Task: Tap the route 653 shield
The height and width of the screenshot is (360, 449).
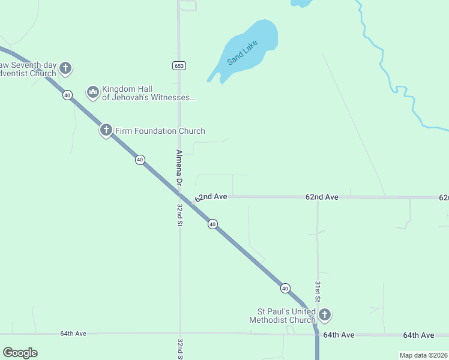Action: [x=178, y=65]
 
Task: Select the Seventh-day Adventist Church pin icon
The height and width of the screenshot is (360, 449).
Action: [x=65, y=68]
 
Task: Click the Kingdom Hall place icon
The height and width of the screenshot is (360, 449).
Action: [x=92, y=92]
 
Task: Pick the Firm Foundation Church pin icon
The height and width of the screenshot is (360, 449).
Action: [x=106, y=130]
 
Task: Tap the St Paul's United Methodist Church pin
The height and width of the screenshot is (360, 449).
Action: [x=324, y=314]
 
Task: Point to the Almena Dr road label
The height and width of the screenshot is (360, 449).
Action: [x=179, y=166]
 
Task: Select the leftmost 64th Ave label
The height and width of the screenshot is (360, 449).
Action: [x=73, y=334]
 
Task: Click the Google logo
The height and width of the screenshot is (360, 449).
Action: [x=20, y=353]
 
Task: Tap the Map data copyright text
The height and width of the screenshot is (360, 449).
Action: [x=424, y=355]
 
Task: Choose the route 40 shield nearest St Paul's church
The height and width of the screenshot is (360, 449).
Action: [x=285, y=288]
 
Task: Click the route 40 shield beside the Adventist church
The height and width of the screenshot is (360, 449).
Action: [x=67, y=95]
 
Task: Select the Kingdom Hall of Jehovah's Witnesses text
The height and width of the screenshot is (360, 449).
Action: [x=149, y=92]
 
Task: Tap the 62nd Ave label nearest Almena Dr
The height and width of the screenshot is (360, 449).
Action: [x=211, y=197]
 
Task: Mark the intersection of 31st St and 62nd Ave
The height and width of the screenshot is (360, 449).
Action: [x=318, y=197]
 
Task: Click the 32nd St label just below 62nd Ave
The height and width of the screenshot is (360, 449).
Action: [x=179, y=214]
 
